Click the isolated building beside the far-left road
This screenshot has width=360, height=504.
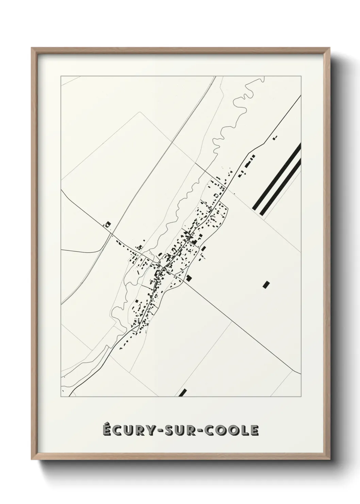coord(108,224)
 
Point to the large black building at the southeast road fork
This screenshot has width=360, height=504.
coord(189,278)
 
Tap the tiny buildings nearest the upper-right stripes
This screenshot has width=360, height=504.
coord(275,138)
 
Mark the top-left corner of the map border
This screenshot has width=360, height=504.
coord(61,76)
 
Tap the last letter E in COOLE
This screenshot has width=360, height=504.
coord(254,430)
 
